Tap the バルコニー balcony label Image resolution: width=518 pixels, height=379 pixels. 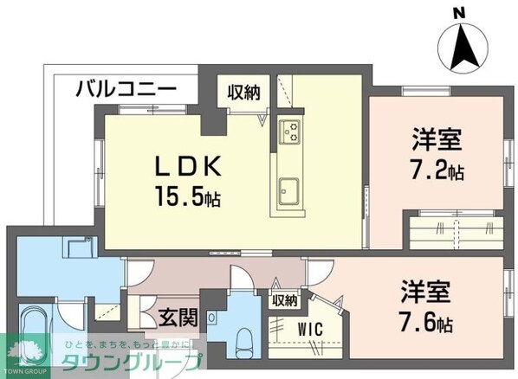[126, 87]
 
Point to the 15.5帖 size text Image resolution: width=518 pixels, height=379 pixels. [188, 197]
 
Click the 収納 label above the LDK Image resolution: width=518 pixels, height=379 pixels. [244, 93]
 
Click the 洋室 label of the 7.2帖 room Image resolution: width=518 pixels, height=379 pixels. [436, 139]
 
